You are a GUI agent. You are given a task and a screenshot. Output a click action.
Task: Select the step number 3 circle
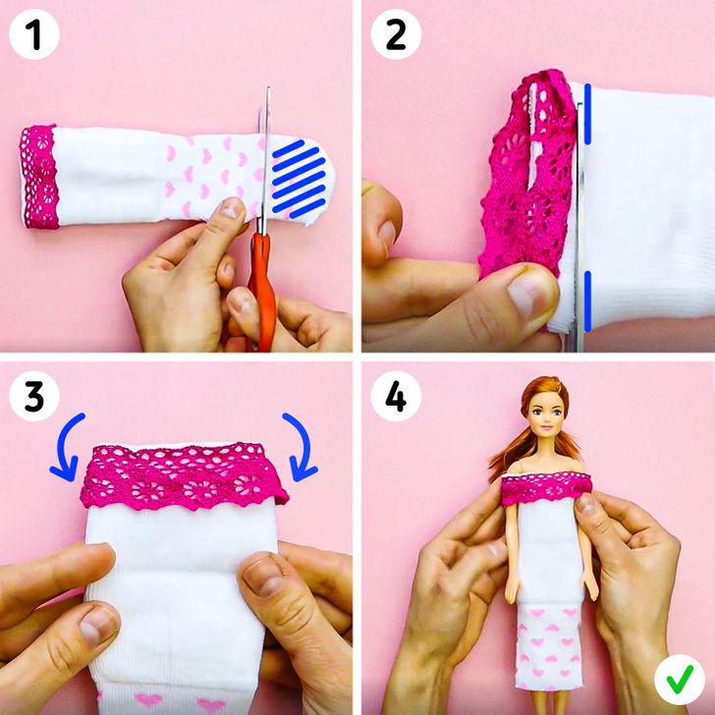34,397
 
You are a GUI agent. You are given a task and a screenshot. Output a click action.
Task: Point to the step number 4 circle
396,397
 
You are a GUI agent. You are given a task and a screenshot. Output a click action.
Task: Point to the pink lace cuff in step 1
41,177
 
